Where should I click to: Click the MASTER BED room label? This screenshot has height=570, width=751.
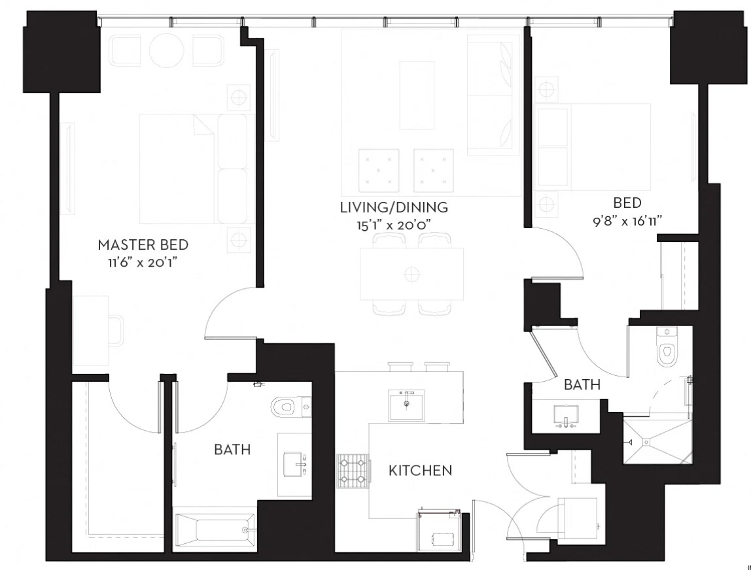coord(143,244)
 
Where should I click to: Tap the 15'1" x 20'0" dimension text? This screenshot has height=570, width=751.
coord(394,225)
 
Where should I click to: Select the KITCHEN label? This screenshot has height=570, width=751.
coord(420,471)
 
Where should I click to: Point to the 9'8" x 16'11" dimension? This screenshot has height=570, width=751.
coord(627,221)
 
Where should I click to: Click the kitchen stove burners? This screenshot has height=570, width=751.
coord(353,471)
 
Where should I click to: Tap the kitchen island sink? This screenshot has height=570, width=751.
coord(407,405)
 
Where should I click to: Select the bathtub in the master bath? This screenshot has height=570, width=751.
coord(215,529)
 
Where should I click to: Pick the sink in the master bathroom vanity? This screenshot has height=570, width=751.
coord(295,463)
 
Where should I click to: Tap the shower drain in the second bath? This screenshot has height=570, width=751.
coord(646,442)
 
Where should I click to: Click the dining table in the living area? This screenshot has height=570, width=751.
coord(412,274)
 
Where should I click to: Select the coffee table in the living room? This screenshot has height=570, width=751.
coord(417,95)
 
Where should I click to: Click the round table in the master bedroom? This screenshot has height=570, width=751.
coord(167,50)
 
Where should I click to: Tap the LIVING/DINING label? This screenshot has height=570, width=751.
coord(394,207)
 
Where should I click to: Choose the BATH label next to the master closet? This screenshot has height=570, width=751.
coord(232,449)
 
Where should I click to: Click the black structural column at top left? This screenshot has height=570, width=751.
coord(61,52)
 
